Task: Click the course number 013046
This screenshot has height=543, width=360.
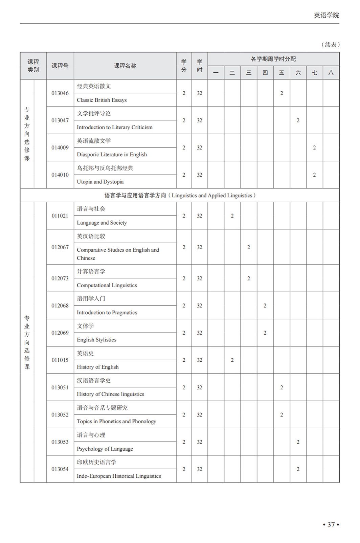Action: pos(60,93)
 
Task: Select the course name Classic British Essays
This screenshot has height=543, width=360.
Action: pos(102,100)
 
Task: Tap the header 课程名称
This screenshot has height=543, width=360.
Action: pos(125,66)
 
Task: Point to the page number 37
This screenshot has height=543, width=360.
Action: pos(331,524)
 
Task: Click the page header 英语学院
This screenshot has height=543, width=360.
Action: pos(326,15)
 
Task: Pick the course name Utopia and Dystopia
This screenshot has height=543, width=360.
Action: pos(100,182)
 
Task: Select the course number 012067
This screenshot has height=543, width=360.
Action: pos(60,247)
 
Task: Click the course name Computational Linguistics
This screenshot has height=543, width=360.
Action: pos(107,285)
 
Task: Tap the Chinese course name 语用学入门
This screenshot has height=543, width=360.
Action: pos(91,299)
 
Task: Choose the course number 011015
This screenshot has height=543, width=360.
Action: pos(60,360)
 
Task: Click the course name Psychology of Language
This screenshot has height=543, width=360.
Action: pos(105,449)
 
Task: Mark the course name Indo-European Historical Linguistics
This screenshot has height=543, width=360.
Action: pos(119,476)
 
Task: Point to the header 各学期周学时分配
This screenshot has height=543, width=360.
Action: pos(273,59)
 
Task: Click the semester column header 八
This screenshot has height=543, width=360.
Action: pos(331,73)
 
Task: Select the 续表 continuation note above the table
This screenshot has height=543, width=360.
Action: pos(330,45)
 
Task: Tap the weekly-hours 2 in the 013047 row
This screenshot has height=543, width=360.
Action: pos(298,120)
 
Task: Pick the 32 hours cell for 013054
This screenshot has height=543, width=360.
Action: pos(199,469)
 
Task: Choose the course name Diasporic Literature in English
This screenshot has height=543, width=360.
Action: pos(112,155)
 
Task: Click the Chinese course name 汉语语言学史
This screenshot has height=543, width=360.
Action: pos(94,381)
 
